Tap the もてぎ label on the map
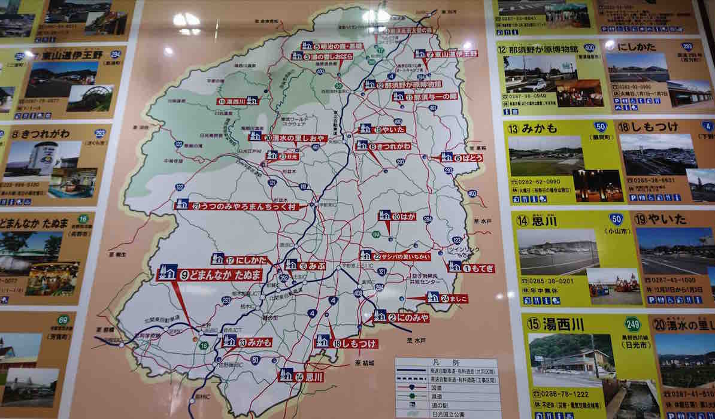[x=472, y=268]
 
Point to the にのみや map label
[x=402, y=318]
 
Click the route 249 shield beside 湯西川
[x=632, y=324]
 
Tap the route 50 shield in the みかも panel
[x=600, y=127]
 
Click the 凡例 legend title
[x=447, y=363]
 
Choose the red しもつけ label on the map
[x=353, y=343]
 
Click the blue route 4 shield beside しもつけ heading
[x=707, y=126]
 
